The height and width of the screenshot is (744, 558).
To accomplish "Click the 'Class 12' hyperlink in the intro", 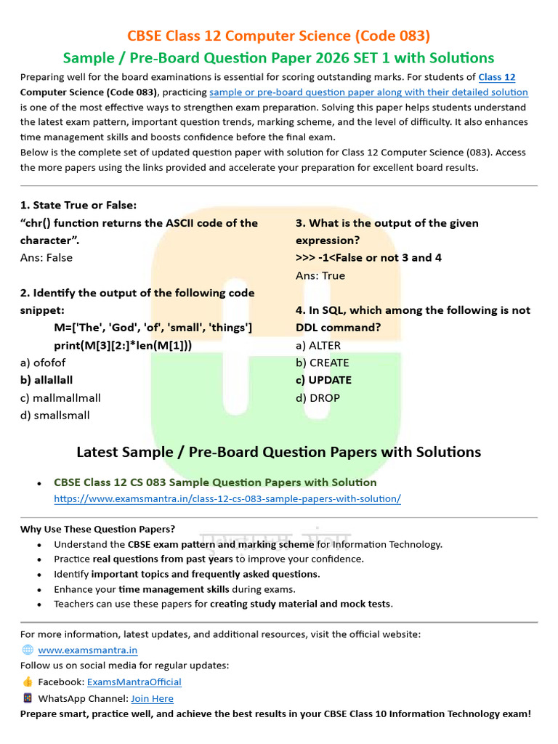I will click(496, 77).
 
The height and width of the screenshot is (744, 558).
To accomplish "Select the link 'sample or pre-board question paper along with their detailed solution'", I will click(368, 92).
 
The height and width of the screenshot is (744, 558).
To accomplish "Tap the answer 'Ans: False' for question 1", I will click(46, 257).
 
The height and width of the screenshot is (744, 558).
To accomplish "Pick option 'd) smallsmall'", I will click(54, 415).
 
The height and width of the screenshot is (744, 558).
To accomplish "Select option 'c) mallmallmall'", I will click(60, 397).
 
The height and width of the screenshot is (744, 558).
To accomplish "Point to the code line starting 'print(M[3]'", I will click(123, 345).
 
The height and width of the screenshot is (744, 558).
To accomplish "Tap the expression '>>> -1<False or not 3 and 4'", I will click(368, 257).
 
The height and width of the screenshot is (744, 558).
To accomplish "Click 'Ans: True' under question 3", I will click(320, 275).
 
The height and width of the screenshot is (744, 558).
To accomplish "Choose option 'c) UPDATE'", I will click(323, 380).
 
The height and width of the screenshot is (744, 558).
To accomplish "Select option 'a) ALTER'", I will click(318, 345).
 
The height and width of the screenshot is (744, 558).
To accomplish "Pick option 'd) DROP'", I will click(318, 397).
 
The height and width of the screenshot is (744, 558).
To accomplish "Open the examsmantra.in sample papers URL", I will click(227, 498).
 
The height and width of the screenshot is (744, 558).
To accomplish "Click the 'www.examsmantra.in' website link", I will click(87, 650).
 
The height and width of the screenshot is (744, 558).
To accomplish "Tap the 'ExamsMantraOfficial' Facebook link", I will click(134, 682).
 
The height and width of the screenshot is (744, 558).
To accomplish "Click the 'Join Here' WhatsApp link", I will click(152, 698).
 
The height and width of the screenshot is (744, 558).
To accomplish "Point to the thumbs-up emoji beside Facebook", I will click(28, 682).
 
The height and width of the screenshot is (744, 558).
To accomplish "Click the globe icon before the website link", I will click(28, 650).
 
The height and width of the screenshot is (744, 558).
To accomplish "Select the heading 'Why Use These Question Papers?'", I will click(97, 529).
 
